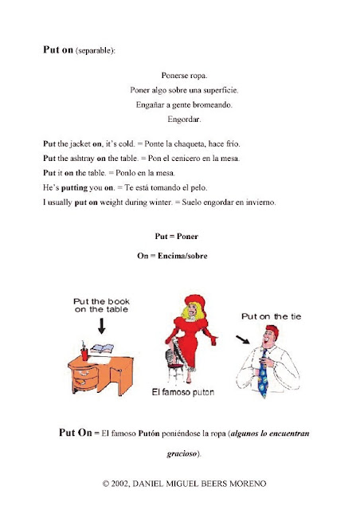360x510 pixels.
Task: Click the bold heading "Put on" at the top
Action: [x=57, y=49]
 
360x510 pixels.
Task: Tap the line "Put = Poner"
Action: [x=177, y=237]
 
